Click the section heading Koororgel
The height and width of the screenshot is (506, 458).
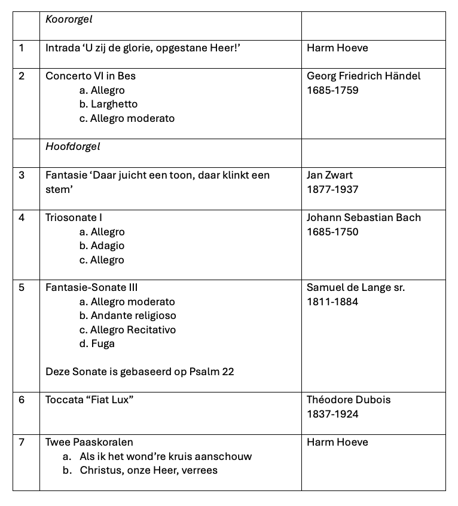point(69,20)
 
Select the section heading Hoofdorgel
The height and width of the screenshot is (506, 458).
point(73,146)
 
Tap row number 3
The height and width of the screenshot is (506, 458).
point(22,175)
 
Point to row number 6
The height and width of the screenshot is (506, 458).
point(22,400)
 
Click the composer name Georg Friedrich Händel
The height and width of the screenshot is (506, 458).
point(364,76)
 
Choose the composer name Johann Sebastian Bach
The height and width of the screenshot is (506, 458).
point(364,217)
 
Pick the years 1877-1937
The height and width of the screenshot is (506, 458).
point(332,189)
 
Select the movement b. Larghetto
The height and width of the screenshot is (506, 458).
point(108,104)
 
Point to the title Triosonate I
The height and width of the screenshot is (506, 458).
point(74,217)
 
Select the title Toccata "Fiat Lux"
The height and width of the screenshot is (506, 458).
point(89,400)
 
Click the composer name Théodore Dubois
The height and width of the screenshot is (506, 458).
point(349,400)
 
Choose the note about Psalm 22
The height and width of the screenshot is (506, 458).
point(140,372)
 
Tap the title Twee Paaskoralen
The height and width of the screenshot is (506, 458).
point(89,442)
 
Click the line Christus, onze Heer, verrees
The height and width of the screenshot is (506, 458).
point(148,470)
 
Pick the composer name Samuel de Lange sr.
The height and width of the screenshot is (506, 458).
point(356,287)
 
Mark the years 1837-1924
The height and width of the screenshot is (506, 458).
point(332,414)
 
